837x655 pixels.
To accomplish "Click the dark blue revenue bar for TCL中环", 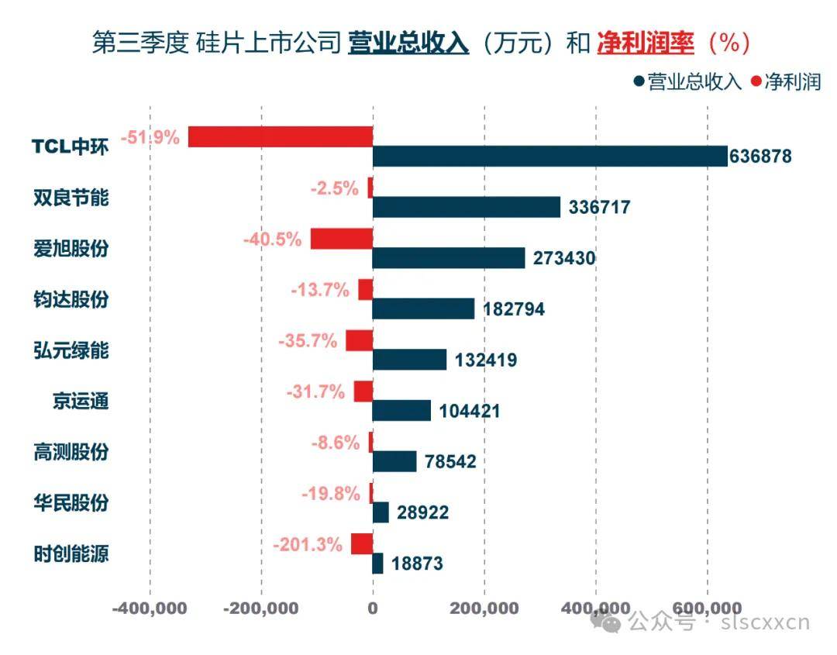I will click(549, 157).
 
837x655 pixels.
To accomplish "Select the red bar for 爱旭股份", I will click(342, 239).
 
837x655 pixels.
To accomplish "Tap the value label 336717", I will click(599, 208).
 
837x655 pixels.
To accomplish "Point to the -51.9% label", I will click(153, 138).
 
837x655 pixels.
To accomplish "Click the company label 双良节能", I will click(71, 198).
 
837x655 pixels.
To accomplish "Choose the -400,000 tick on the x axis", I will click(150, 608).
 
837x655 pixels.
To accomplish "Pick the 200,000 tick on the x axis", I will click(484, 608).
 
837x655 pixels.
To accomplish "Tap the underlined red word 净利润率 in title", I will click(645, 43).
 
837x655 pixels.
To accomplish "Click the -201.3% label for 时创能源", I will click(307, 545).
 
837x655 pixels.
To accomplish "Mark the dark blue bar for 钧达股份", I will click(423, 309).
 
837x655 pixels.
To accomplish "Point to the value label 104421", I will click(469, 412).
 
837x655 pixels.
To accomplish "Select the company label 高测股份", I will click(71, 452).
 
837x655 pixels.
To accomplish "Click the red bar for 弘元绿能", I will click(359, 341).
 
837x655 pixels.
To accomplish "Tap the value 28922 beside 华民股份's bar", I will click(422, 513).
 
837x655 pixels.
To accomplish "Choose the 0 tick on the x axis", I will click(373, 608).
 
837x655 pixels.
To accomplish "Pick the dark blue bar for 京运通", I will click(401, 411).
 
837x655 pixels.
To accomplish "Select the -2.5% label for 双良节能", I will click(334, 188).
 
